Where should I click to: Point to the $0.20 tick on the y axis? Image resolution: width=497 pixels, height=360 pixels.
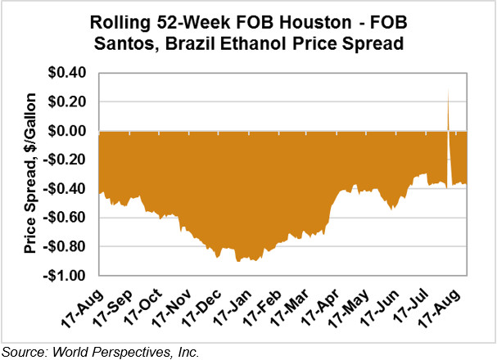click(x=71, y=102)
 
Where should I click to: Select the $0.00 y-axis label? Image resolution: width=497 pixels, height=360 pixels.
click(x=71, y=131)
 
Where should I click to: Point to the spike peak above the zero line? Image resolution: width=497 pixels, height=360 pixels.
click(x=448, y=90)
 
